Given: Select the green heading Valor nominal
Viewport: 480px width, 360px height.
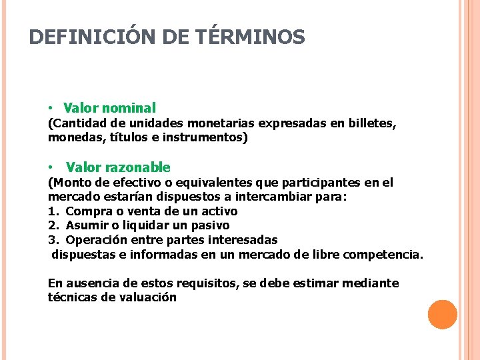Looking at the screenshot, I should point(109,107).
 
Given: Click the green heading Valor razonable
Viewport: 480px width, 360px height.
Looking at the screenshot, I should point(118,167).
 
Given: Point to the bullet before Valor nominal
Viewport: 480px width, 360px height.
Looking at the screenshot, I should point(51,108).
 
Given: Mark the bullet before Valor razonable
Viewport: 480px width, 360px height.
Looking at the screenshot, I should point(51,168).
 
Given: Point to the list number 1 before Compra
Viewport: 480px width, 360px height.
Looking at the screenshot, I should point(52,211).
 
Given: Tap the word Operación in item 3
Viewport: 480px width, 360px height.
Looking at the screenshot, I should point(96,239).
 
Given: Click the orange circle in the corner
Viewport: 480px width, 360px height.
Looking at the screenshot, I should point(443,315).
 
